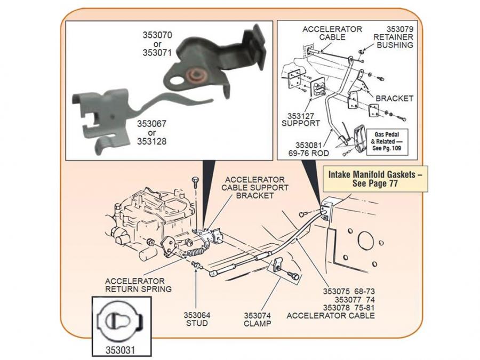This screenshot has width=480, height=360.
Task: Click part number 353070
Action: [157, 35]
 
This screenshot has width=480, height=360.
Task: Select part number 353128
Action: [152, 141]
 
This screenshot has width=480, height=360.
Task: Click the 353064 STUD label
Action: [197, 319]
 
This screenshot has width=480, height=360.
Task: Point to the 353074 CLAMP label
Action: [258, 319]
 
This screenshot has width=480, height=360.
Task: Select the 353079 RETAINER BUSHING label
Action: [394, 37]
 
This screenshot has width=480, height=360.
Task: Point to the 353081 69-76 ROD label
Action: [303, 148]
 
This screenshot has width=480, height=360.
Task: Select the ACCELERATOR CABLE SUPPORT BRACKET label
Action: [254, 188]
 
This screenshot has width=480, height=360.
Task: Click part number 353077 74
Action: [349, 300]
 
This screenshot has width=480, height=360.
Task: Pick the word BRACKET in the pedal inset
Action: [395, 99]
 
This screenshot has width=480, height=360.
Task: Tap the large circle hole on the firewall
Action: [366, 241]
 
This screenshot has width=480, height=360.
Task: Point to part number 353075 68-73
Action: [349, 292]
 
